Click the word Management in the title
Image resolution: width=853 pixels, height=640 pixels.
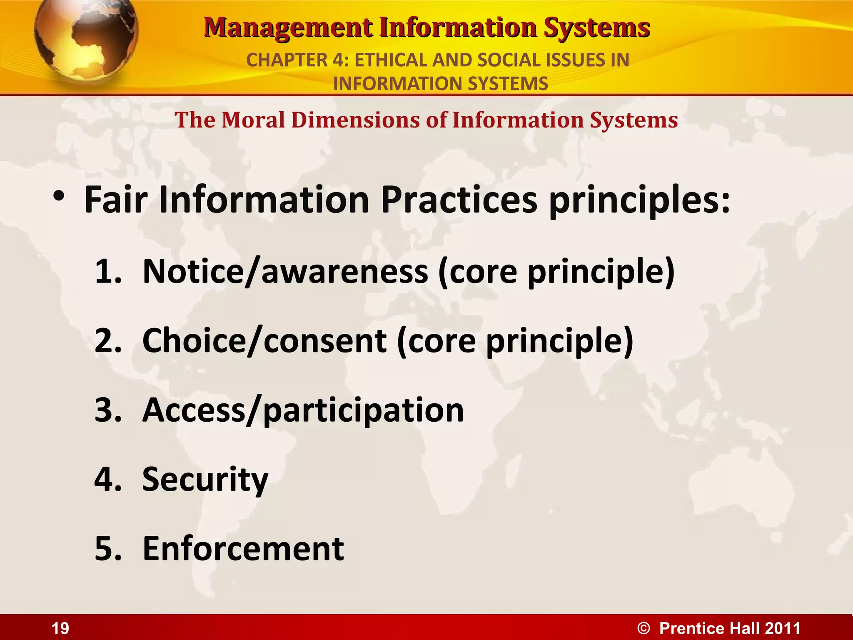(288, 28)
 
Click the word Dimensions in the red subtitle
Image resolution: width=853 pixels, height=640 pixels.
(356, 120)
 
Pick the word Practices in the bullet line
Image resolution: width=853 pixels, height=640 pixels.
(459, 200)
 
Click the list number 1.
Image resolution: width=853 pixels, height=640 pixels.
(107, 272)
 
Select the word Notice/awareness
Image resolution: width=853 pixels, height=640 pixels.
(285, 272)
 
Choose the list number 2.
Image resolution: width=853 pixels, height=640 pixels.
(107, 341)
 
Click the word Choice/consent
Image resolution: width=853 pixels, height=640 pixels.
(264, 341)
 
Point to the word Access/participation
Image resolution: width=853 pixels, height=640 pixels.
(303, 411)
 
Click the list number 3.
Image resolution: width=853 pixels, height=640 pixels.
(107, 410)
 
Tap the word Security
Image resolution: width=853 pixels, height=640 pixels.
(205, 480)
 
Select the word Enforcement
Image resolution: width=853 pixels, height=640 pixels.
(243, 549)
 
